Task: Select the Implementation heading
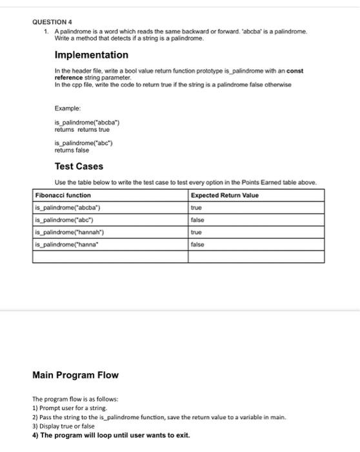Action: pyautogui.click(x=91, y=55)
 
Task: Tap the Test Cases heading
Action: pyautogui.click(x=79, y=166)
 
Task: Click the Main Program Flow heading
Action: pyautogui.click(x=75, y=375)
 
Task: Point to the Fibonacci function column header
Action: pyautogui.click(x=63, y=195)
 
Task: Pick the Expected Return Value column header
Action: pyautogui.click(x=223, y=195)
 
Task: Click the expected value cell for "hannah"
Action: pyautogui.click(x=197, y=232)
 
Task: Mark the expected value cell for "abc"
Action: pyautogui.click(x=197, y=220)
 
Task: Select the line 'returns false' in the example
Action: pyautogui.click(x=72, y=150)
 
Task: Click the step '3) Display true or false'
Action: pyautogui.click(x=63, y=426)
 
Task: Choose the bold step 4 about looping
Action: pyautogui.click(x=111, y=435)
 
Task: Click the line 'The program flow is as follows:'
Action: pyautogui.click(x=75, y=399)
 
